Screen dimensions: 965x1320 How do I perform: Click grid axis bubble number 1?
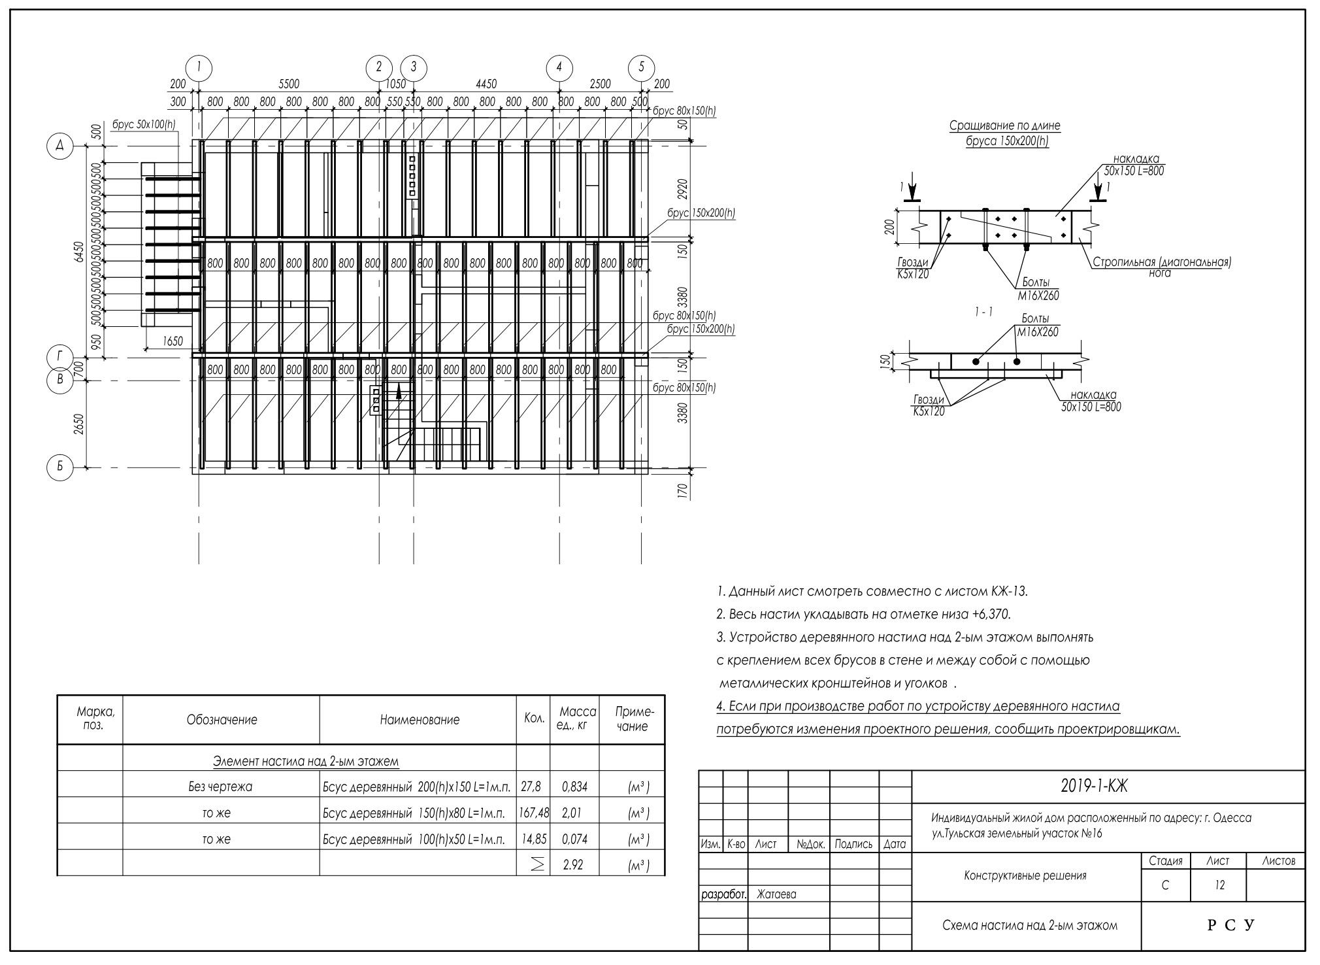click(x=199, y=67)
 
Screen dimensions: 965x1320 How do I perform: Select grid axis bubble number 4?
click(x=559, y=67)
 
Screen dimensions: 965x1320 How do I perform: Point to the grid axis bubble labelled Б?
click(x=60, y=467)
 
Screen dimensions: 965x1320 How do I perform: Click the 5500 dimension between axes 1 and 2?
click(x=289, y=84)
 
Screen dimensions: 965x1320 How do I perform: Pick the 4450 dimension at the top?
click(x=486, y=84)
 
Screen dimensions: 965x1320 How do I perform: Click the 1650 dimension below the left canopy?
click(x=173, y=341)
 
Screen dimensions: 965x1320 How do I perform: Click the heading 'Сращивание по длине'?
click(x=1004, y=126)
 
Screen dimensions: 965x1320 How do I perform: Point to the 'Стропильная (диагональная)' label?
click(x=1162, y=262)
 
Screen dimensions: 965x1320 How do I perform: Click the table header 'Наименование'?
click(x=420, y=720)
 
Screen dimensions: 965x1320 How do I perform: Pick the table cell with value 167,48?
click(x=533, y=813)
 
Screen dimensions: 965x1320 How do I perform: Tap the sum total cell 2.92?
click(x=573, y=865)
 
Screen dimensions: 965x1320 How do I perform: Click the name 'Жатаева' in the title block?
click(x=776, y=894)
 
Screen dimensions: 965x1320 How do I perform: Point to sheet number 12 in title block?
click(x=1219, y=885)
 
